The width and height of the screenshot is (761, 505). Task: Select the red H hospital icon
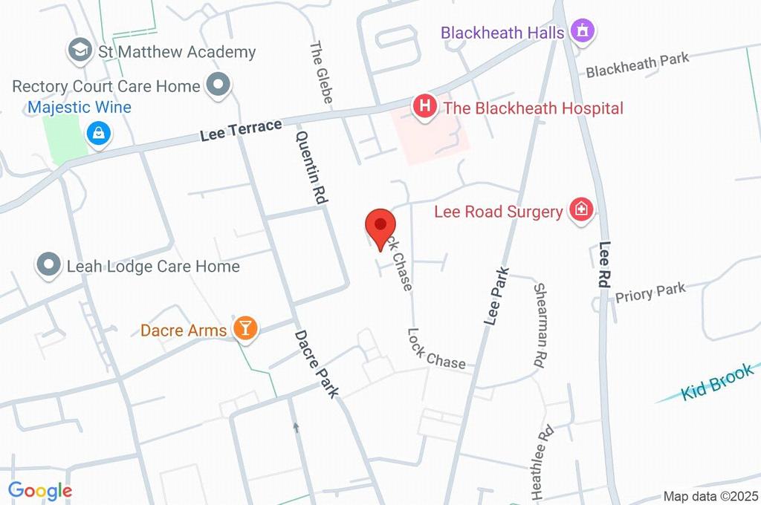[424, 105]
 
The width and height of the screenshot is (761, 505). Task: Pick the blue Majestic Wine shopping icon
[98, 134]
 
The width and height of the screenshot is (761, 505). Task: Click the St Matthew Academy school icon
[78, 51]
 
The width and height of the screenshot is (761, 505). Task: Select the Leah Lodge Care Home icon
[49, 265]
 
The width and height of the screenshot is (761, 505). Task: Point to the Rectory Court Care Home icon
[218, 86]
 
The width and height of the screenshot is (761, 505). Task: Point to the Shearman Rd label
[540, 325]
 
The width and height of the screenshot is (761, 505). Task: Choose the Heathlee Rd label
[541, 461]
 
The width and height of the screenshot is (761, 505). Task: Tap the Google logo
[39, 490]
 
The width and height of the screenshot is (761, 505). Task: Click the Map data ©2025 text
[710, 496]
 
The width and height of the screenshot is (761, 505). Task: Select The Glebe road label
[321, 71]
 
